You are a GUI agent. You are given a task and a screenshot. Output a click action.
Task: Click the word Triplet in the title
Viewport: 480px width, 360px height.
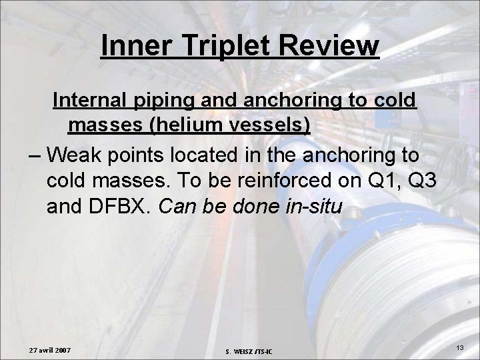pyautogui.click(x=219, y=46)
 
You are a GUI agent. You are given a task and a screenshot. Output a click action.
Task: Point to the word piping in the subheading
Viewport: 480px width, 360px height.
pyautogui.click(x=167, y=101)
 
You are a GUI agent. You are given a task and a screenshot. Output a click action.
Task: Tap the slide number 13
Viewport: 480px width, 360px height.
pyautogui.click(x=460, y=349)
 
